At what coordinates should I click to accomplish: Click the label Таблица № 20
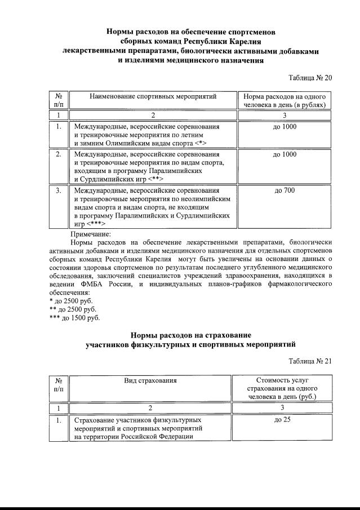click(x=310, y=78)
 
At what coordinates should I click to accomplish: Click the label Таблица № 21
click(x=310, y=361)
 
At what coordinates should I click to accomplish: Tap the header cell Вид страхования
click(x=150, y=380)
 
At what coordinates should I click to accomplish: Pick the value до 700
click(x=285, y=190)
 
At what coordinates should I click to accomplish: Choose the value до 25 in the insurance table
click(x=282, y=420)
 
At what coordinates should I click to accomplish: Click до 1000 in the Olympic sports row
click(x=285, y=127)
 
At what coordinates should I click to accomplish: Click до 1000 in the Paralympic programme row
click(x=285, y=154)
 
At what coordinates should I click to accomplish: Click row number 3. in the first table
click(x=58, y=190)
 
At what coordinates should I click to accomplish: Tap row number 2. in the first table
click(x=58, y=154)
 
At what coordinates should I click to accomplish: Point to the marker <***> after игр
click(x=96, y=224)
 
